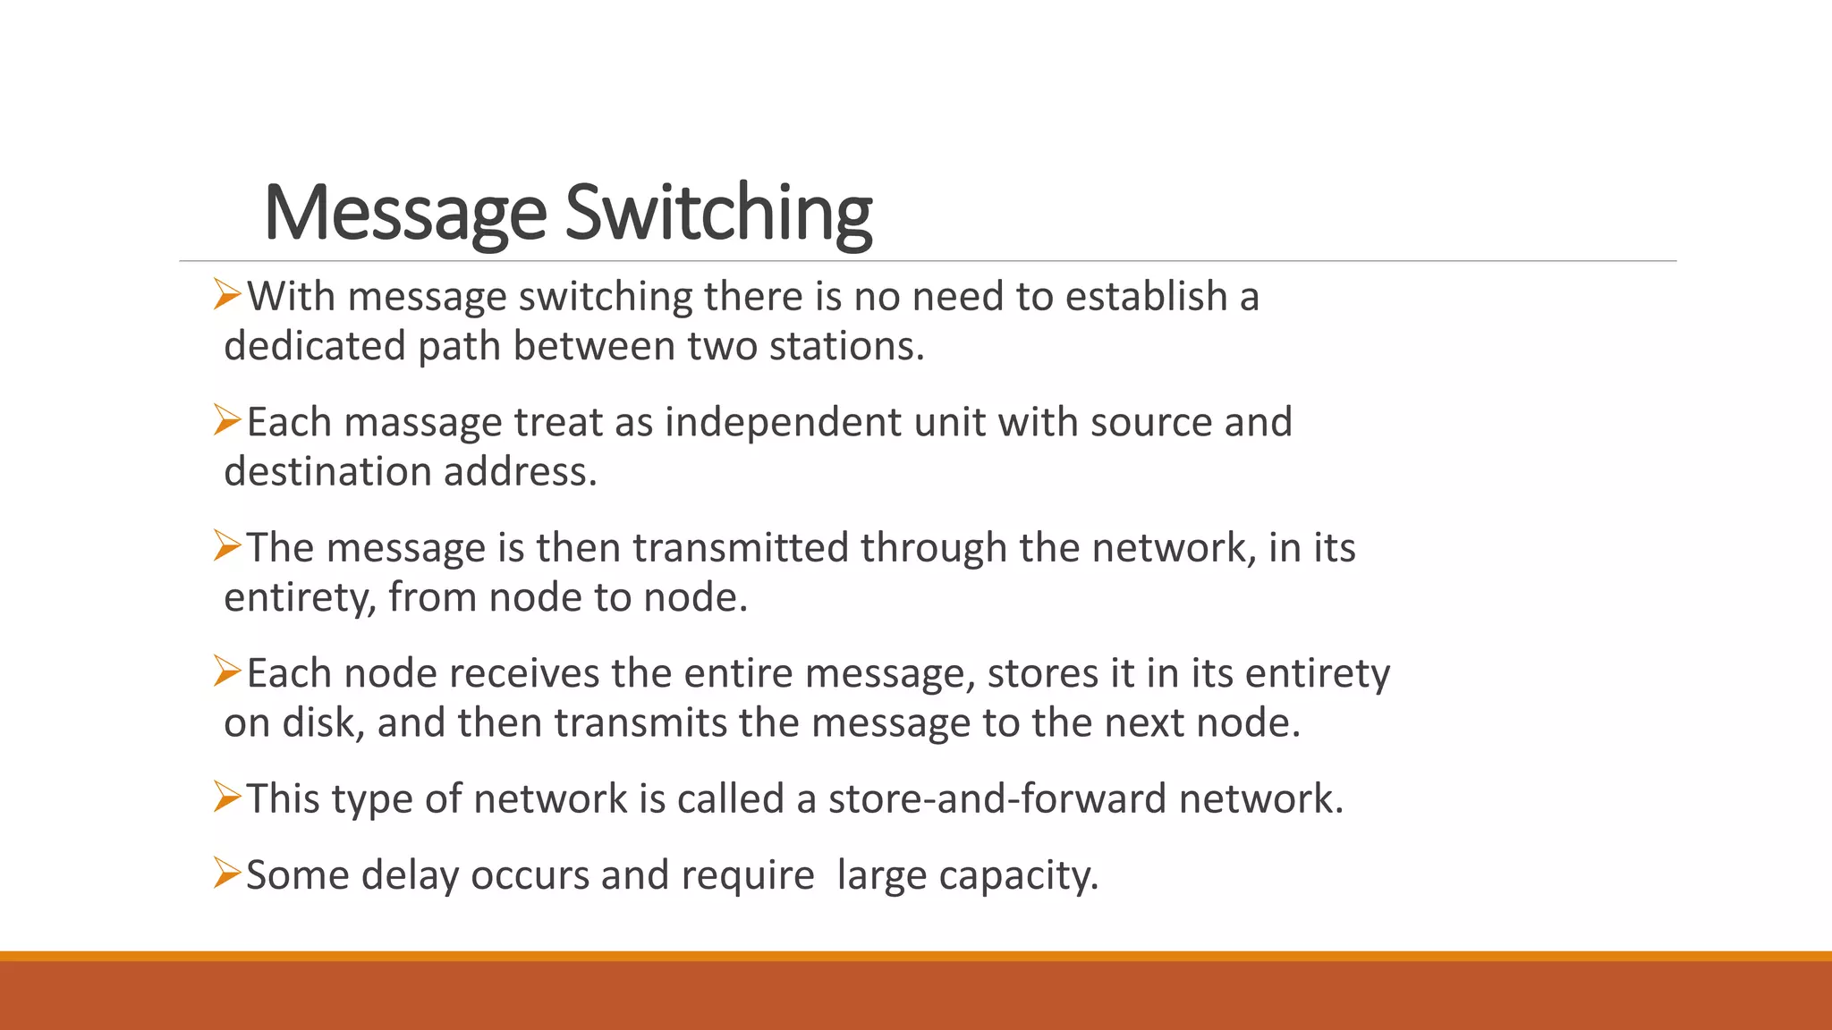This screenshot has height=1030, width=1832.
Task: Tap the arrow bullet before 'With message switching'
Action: [227, 294]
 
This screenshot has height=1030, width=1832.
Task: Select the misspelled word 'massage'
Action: [423, 423]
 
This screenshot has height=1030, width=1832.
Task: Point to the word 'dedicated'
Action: [314, 346]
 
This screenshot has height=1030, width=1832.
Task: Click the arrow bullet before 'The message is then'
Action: [227, 545]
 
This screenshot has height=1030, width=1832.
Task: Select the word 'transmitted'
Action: [741, 547]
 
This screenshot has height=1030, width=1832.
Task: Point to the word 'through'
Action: [933, 548]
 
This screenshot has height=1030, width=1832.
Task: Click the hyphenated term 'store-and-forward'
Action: [997, 798]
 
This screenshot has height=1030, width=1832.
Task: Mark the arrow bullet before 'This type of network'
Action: [227, 797]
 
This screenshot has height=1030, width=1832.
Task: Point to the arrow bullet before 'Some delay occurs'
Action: [227, 873]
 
